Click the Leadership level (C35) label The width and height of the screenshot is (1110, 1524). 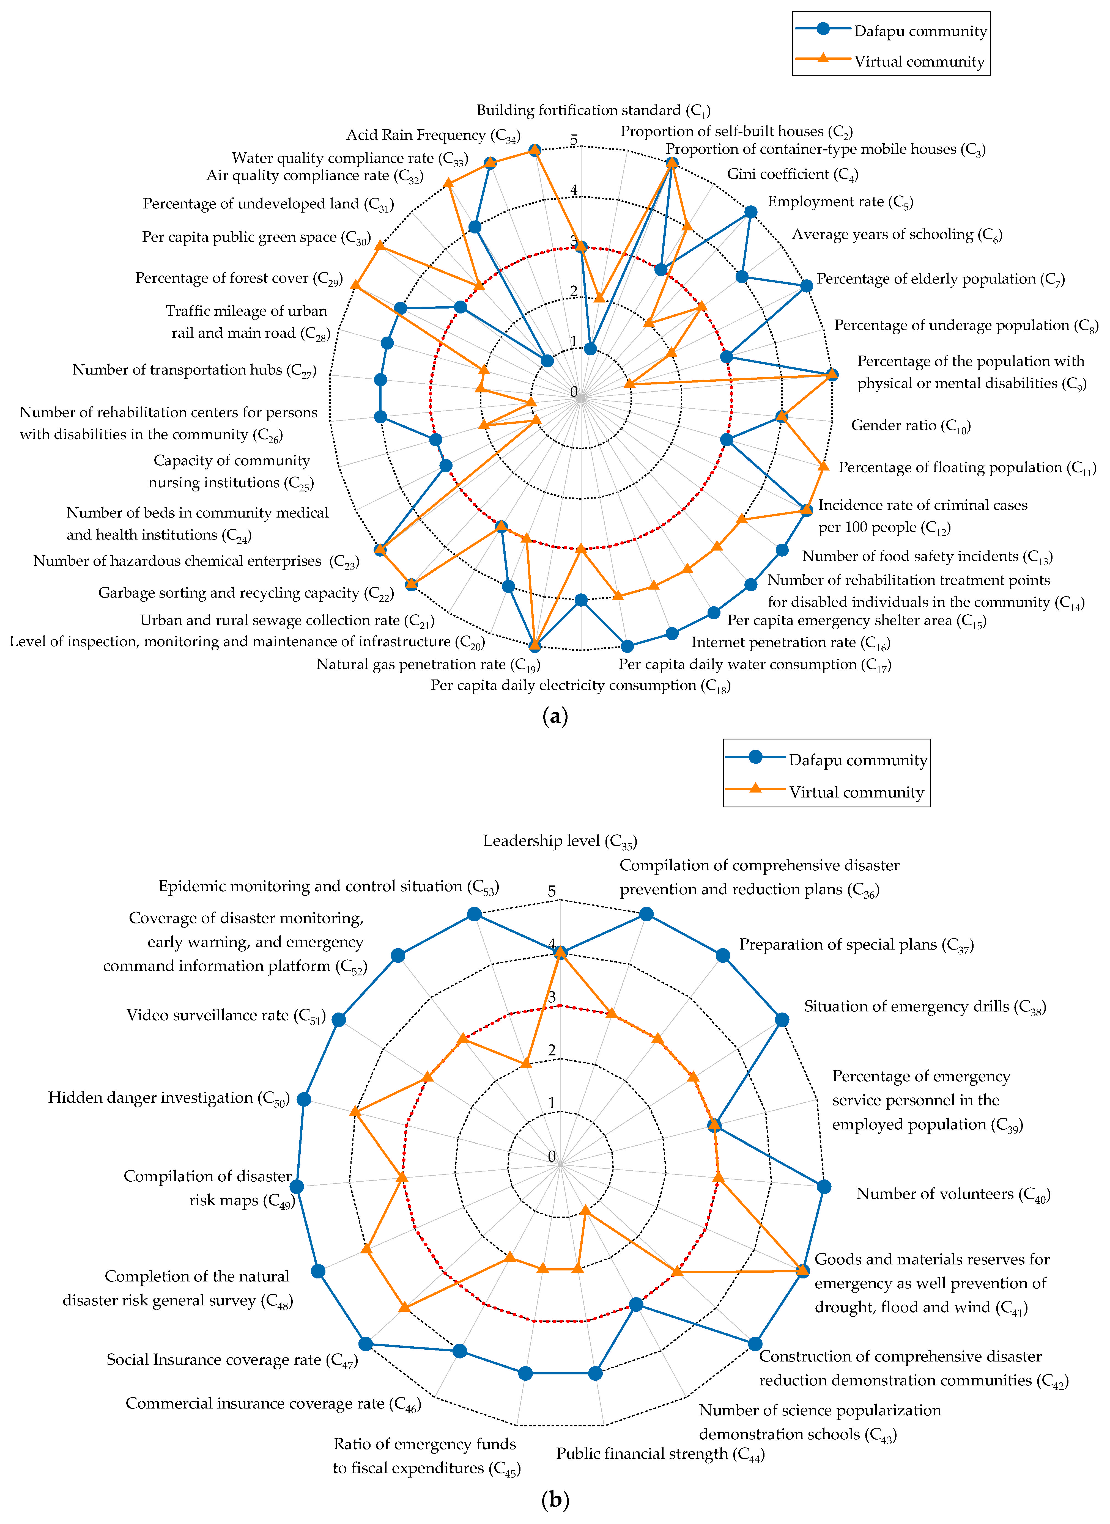pyautogui.click(x=559, y=841)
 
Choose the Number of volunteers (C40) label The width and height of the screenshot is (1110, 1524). pyautogui.click(x=953, y=1194)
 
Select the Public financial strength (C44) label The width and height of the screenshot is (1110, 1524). pyautogui.click(x=660, y=1454)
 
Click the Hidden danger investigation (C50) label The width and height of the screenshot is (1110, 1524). pyautogui.click(x=168, y=1098)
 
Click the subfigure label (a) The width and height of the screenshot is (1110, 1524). pyautogui.click(x=555, y=716)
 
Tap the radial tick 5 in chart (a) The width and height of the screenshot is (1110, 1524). pyautogui.click(x=574, y=141)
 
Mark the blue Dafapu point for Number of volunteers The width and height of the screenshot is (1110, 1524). pyautogui.click(x=824, y=1187)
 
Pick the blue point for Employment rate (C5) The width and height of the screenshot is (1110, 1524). pyautogui.click(x=751, y=212)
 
